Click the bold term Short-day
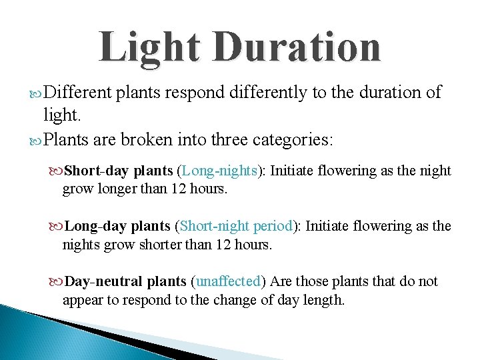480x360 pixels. pyautogui.click(x=98, y=171)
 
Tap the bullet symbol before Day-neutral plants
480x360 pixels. pyautogui.click(x=56, y=281)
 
